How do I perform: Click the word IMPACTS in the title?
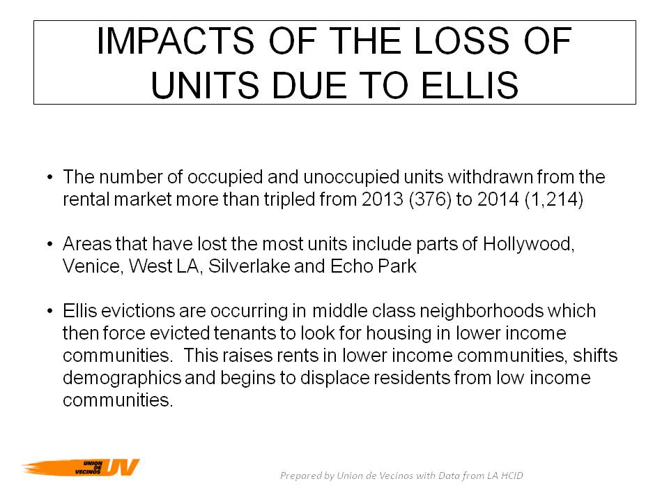176,41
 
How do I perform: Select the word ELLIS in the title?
470,85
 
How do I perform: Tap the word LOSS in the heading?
461,41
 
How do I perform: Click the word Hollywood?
529,244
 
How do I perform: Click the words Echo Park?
374,266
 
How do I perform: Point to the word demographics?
121,378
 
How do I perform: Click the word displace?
332,378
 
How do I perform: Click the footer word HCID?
512,476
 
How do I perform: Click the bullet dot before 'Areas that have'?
50,245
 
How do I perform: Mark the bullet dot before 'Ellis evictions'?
50,311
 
